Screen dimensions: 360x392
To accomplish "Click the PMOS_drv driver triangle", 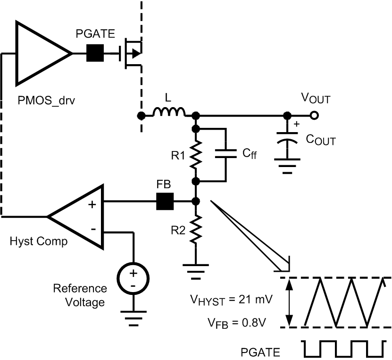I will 40,54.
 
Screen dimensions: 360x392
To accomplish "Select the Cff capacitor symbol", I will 225,154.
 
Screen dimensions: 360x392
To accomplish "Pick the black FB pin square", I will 165,202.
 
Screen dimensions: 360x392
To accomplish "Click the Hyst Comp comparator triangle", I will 80,217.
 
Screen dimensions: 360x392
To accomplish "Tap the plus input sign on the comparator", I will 92,204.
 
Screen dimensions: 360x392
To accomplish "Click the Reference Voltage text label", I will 80,295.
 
